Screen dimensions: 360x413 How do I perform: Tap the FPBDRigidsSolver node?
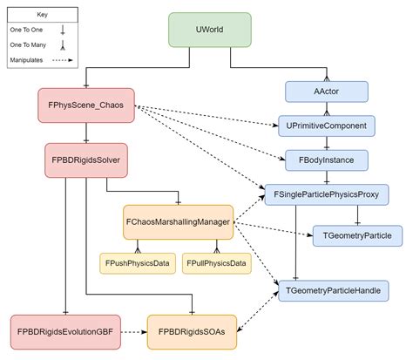coord(86,160)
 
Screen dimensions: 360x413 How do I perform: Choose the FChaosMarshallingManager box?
coord(178,222)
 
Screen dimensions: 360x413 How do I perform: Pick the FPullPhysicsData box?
coord(213,262)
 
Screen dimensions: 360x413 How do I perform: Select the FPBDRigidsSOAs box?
coord(189,331)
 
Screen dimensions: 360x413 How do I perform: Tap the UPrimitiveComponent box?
coord(327,126)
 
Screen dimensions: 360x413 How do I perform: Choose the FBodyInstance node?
coord(327,160)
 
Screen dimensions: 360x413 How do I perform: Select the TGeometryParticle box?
coord(357,234)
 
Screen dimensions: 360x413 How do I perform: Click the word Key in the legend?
coord(43,15)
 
